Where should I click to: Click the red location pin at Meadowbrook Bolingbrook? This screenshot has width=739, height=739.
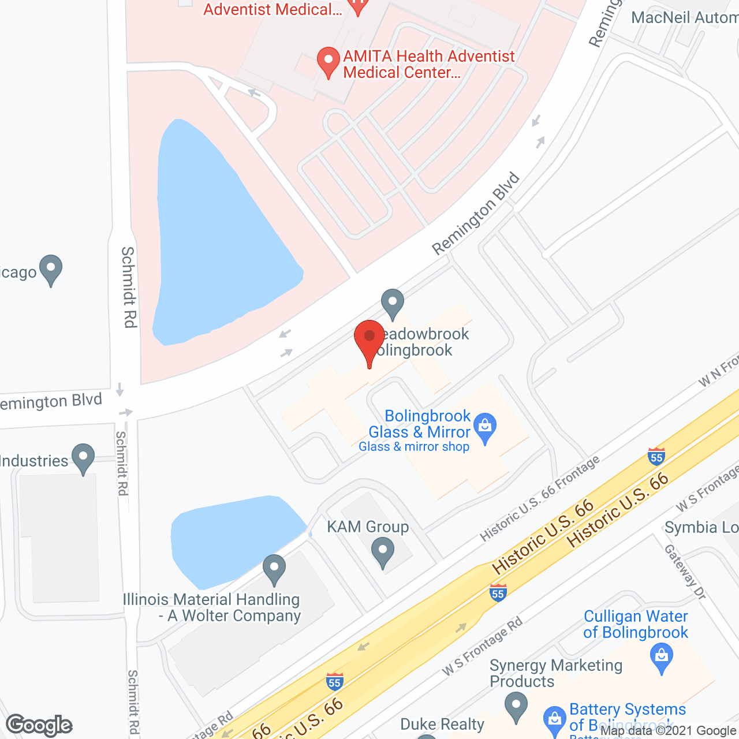tap(369, 338)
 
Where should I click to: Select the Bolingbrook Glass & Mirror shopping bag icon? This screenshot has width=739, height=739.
tap(485, 427)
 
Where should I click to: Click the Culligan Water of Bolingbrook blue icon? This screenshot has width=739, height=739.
tap(662, 657)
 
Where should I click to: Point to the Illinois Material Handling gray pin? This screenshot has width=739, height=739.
tap(274, 568)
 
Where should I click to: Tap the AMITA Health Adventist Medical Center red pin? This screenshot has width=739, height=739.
tap(329, 61)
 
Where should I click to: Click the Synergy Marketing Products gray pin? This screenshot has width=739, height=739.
tap(516, 707)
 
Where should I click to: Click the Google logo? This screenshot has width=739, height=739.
tap(39, 725)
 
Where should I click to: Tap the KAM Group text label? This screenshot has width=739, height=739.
tap(368, 527)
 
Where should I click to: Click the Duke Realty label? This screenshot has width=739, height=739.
tap(442, 724)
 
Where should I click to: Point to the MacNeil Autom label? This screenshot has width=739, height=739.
tap(685, 17)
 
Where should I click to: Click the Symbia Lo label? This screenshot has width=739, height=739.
tap(701, 527)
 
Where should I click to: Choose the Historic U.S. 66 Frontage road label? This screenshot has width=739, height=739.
tap(540, 498)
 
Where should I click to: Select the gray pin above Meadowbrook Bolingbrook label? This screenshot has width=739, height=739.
tap(393, 303)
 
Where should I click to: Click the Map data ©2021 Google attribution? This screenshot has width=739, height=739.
tap(669, 731)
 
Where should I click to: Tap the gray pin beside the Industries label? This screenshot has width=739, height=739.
tap(83, 457)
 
